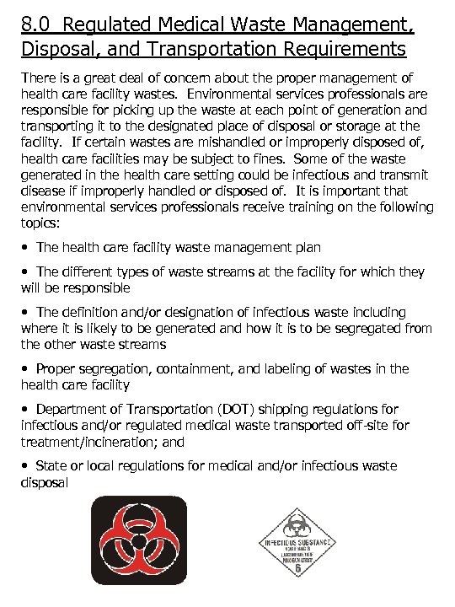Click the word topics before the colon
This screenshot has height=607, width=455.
[40, 223]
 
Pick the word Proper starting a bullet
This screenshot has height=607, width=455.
[56, 368]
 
